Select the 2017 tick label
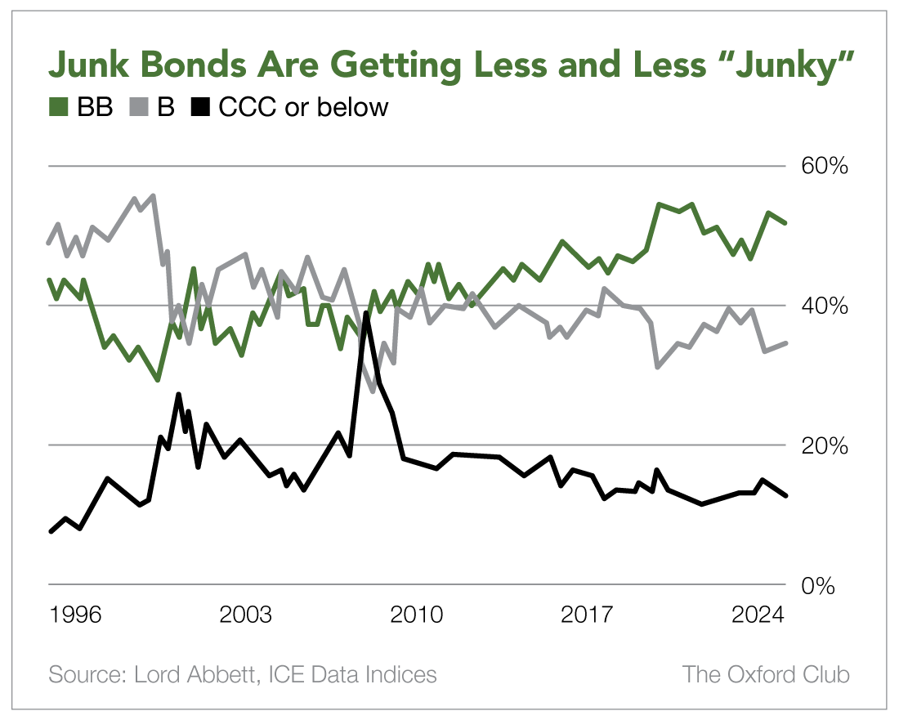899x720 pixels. (x=586, y=615)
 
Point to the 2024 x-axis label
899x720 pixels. (x=758, y=615)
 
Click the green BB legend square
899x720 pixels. (x=59, y=107)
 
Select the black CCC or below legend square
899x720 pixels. (x=201, y=107)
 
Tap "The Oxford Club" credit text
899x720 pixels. (x=766, y=675)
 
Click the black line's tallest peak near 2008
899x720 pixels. (x=366, y=314)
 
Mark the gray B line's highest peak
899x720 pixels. (x=153, y=196)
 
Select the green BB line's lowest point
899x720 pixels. (x=158, y=379)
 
